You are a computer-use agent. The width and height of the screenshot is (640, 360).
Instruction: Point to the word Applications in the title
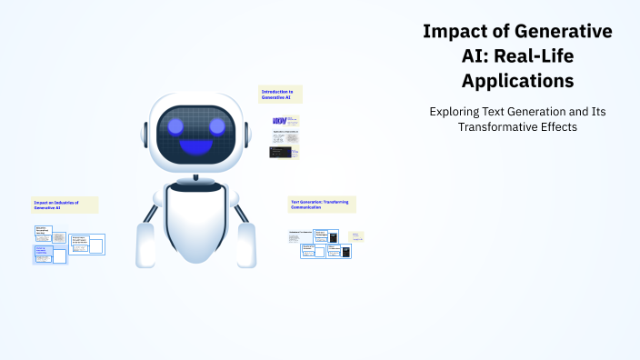click(x=517, y=81)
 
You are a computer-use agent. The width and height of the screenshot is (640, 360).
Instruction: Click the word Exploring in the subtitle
click(x=457, y=111)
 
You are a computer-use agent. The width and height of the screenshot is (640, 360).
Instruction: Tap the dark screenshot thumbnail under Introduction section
click(x=278, y=152)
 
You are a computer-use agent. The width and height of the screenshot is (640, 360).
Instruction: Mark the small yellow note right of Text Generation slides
click(x=356, y=235)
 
